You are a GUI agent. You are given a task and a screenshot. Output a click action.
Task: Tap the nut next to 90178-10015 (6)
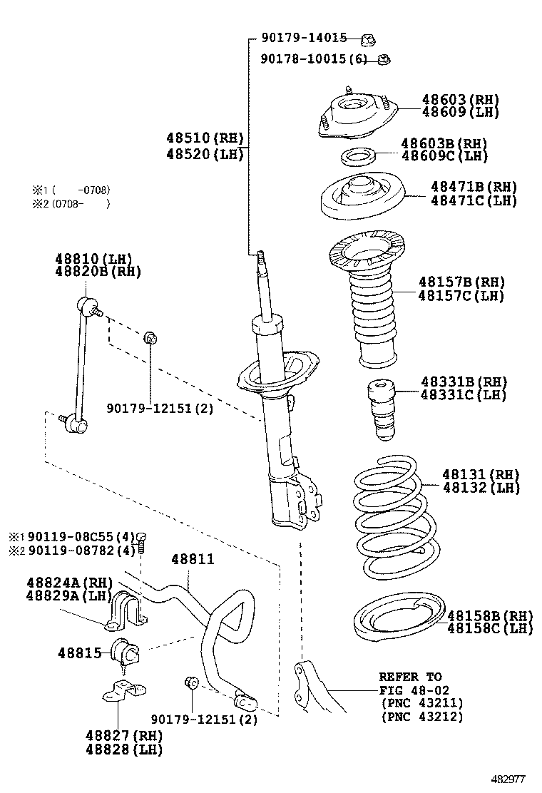(384, 59)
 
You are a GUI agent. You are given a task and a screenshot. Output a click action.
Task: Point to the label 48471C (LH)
(474, 200)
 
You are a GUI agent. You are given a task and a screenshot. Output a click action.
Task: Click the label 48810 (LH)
(94, 258)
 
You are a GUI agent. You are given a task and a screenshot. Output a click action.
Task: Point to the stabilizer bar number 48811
(191, 561)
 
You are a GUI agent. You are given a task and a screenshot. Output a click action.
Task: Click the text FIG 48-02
(410, 690)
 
